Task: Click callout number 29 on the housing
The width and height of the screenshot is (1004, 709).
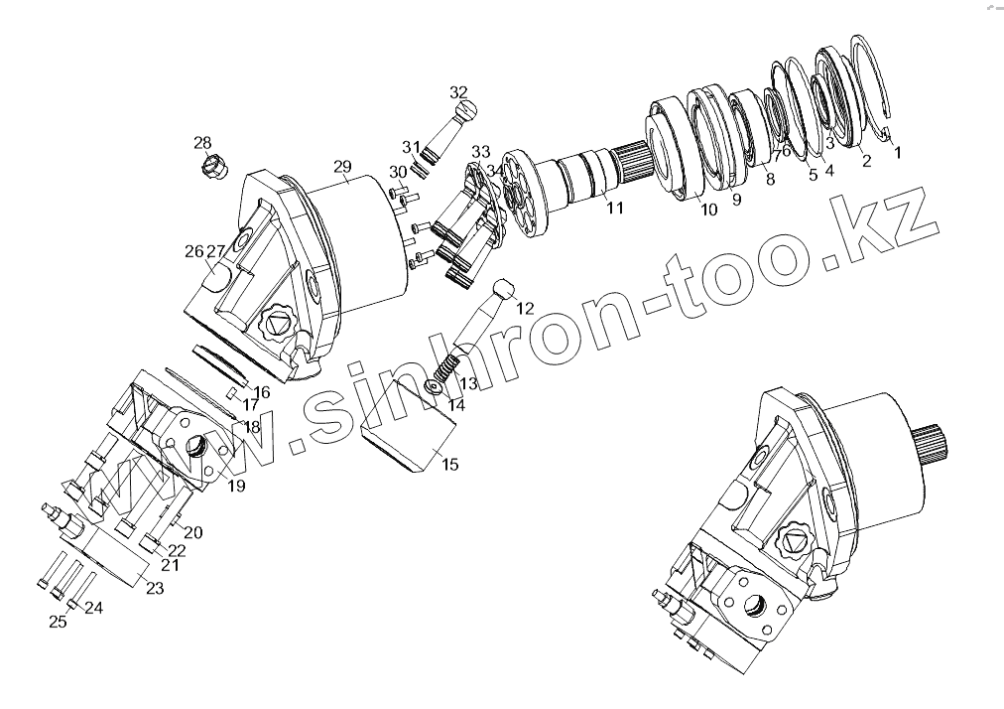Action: [x=342, y=165]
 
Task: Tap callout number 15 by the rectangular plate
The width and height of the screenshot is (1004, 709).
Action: [x=449, y=464]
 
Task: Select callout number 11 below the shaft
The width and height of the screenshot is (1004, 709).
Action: [x=615, y=208]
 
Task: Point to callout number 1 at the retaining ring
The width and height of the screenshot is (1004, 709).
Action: [x=898, y=153]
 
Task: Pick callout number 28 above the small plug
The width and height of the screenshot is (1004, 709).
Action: [x=202, y=143]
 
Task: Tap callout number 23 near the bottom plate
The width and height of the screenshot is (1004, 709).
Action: [x=154, y=588]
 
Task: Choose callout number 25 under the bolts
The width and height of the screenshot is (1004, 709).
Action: [x=59, y=622]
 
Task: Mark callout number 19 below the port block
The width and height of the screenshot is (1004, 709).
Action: [x=236, y=486]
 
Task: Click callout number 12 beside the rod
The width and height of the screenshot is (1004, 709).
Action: [x=525, y=308]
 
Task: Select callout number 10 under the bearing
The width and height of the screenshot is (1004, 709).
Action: [x=708, y=210]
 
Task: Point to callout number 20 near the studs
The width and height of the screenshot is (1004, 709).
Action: [x=192, y=532]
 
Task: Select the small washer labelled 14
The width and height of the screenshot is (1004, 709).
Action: [x=433, y=386]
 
